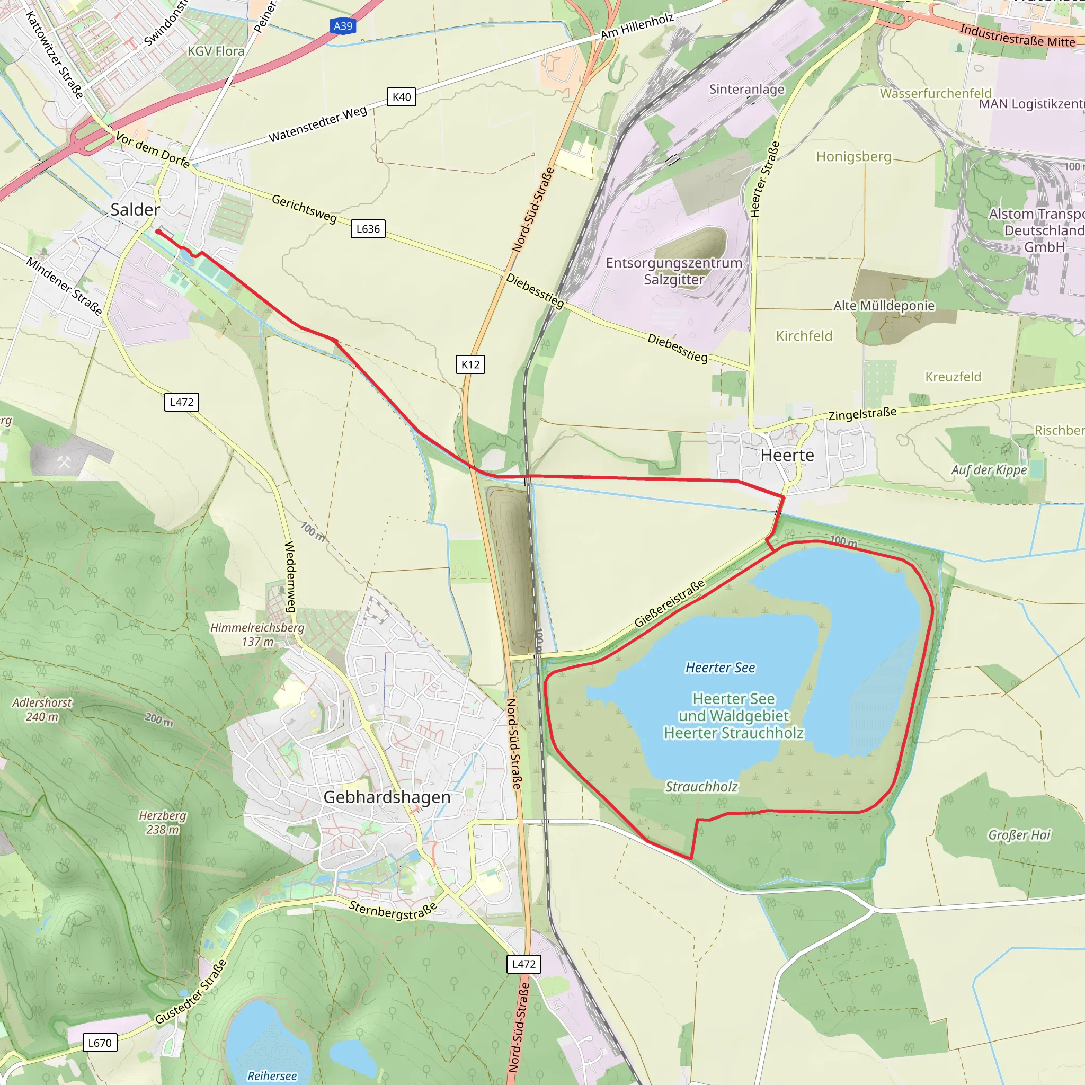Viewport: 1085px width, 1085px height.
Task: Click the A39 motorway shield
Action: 343,26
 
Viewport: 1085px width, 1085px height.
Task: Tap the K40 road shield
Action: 402,97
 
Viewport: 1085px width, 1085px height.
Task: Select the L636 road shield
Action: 368,229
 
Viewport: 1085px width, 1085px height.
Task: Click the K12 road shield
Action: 470,364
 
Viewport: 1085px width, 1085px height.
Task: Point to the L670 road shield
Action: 100,1043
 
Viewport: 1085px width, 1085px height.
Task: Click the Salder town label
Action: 135,210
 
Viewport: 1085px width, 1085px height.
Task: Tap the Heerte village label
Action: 787,456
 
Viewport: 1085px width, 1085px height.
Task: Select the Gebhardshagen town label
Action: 387,797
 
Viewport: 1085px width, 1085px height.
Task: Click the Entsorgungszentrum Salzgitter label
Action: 674,271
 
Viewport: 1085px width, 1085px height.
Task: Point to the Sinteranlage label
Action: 746,90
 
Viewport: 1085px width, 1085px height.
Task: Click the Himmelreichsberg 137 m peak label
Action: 257,635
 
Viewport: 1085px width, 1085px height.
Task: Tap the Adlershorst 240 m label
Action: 42,710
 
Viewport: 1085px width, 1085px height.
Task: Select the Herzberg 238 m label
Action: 162,823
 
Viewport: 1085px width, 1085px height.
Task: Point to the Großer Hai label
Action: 1019,835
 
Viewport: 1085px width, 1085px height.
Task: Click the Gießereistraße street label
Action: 670,604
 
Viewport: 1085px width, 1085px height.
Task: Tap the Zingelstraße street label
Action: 862,414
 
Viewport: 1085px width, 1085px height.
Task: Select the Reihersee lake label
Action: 272,1076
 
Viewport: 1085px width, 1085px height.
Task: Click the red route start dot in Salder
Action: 158,232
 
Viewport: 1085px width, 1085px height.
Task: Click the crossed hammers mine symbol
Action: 64,462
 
